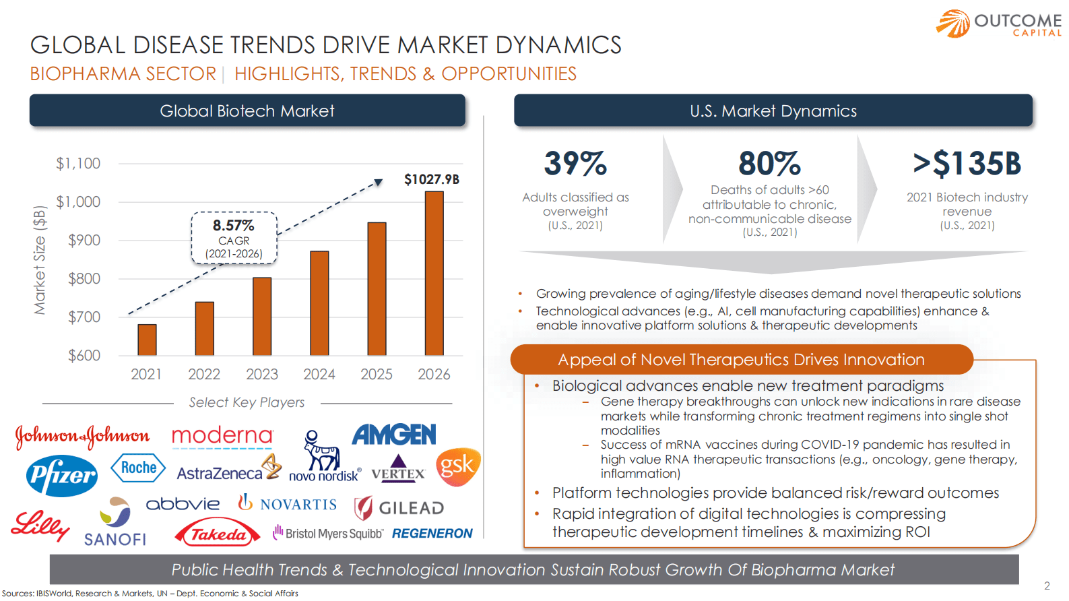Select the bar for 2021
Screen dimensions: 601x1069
(147, 340)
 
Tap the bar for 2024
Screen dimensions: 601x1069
(319, 303)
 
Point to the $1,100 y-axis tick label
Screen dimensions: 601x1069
(78, 164)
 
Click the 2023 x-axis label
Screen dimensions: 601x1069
(262, 375)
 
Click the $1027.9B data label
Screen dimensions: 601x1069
(432, 179)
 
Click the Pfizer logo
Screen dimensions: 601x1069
(62, 475)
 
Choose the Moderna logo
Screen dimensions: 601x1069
(222, 437)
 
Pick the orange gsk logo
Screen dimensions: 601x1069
(458, 466)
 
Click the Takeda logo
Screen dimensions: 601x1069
(218, 534)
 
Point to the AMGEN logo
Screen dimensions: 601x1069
(394, 435)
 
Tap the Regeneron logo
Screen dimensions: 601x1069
(432, 534)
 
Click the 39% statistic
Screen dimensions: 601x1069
(575, 164)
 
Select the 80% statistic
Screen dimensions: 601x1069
(769, 164)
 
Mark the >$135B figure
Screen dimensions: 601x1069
(967, 164)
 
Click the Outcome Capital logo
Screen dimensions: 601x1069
(998, 24)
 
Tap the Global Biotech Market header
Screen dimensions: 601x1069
(247, 111)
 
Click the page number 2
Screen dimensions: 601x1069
(1047, 586)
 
